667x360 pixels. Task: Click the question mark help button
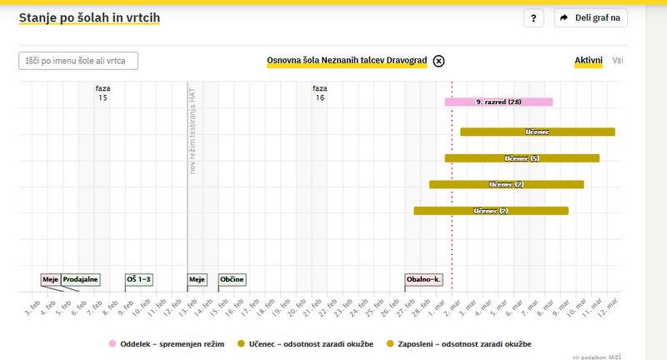click(x=534, y=18)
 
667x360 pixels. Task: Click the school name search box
click(x=78, y=61)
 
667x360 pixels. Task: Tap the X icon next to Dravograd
click(x=439, y=61)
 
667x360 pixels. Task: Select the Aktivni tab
click(x=589, y=61)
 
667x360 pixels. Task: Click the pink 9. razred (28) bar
click(x=499, y=102)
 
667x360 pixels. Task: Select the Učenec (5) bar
click(x=522, y=158)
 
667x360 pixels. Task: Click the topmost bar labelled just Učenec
click(x=537, y=132)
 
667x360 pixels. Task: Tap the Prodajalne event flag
click(x=81, y=279)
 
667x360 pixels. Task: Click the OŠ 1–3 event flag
click(x=138, y=279)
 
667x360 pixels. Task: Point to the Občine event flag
click(x=232, y=279)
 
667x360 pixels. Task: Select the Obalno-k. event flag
click(x=424, y=279)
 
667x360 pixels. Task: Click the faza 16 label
click(x=319, y=92)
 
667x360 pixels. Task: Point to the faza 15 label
click(x=103, y=92)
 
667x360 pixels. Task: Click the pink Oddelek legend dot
click(x=112, y=343)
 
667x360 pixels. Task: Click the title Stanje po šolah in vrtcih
click(x=89, y=17)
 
